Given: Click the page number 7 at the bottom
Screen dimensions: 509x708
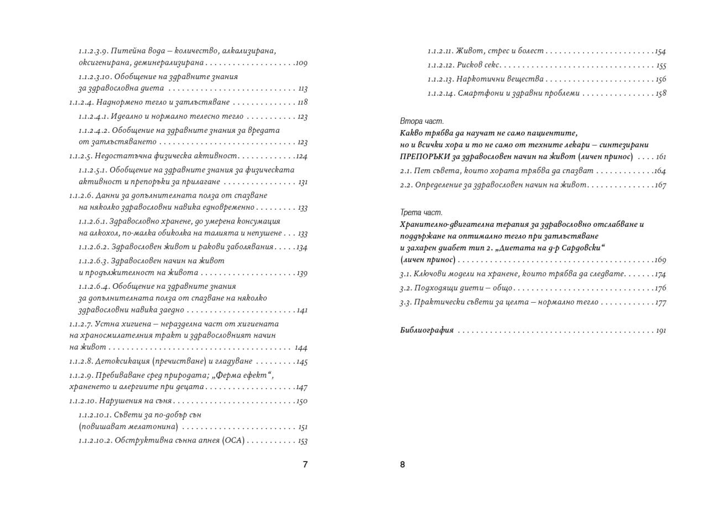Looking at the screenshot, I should (305, 465).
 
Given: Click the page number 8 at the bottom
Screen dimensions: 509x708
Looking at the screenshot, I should (403, 465).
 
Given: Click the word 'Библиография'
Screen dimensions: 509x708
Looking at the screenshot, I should (426, 331).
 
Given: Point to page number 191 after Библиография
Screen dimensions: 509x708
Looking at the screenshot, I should (660, 331).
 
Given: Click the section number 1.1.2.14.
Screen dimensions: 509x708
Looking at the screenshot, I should (441, 94).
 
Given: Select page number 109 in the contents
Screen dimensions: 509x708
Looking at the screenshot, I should (301, 63).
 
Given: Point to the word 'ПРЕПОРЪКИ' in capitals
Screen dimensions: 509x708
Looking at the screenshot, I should (426, 157).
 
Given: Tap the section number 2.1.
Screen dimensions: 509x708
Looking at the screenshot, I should (406, 170).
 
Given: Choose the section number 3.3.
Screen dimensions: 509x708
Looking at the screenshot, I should (406, 303).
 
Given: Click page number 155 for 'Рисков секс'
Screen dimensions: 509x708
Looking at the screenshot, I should (660, 66).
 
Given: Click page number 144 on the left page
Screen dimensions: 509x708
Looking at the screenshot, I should (301, 348).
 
